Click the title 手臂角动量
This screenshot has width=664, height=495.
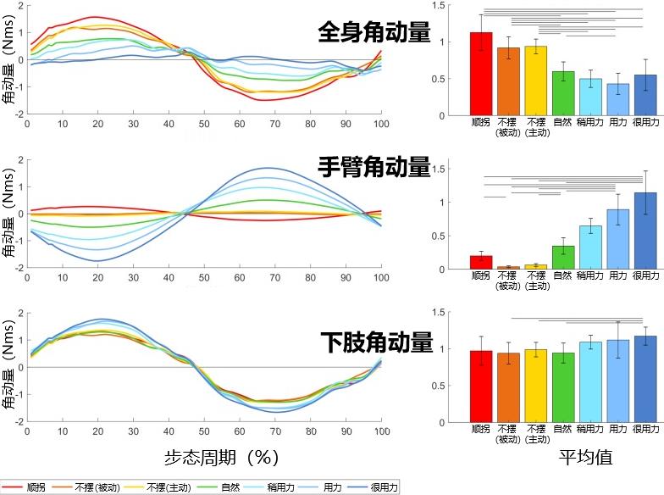point(373,167)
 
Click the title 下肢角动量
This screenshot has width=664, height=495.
point(373,343)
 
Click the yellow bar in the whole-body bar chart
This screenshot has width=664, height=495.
point(536,81)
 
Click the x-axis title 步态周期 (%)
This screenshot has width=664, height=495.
point(221,458)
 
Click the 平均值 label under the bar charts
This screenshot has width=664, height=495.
point(585,458)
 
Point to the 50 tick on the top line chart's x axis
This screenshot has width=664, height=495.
point(204,124)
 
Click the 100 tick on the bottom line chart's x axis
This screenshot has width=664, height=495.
point(381,432)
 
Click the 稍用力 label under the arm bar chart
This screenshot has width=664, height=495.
point(590,276)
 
